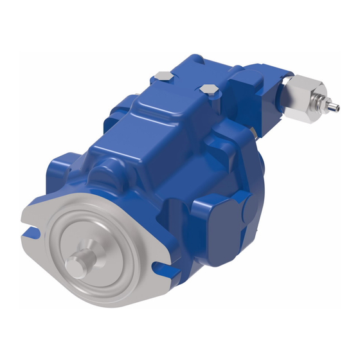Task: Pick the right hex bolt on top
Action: click(206, 89)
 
